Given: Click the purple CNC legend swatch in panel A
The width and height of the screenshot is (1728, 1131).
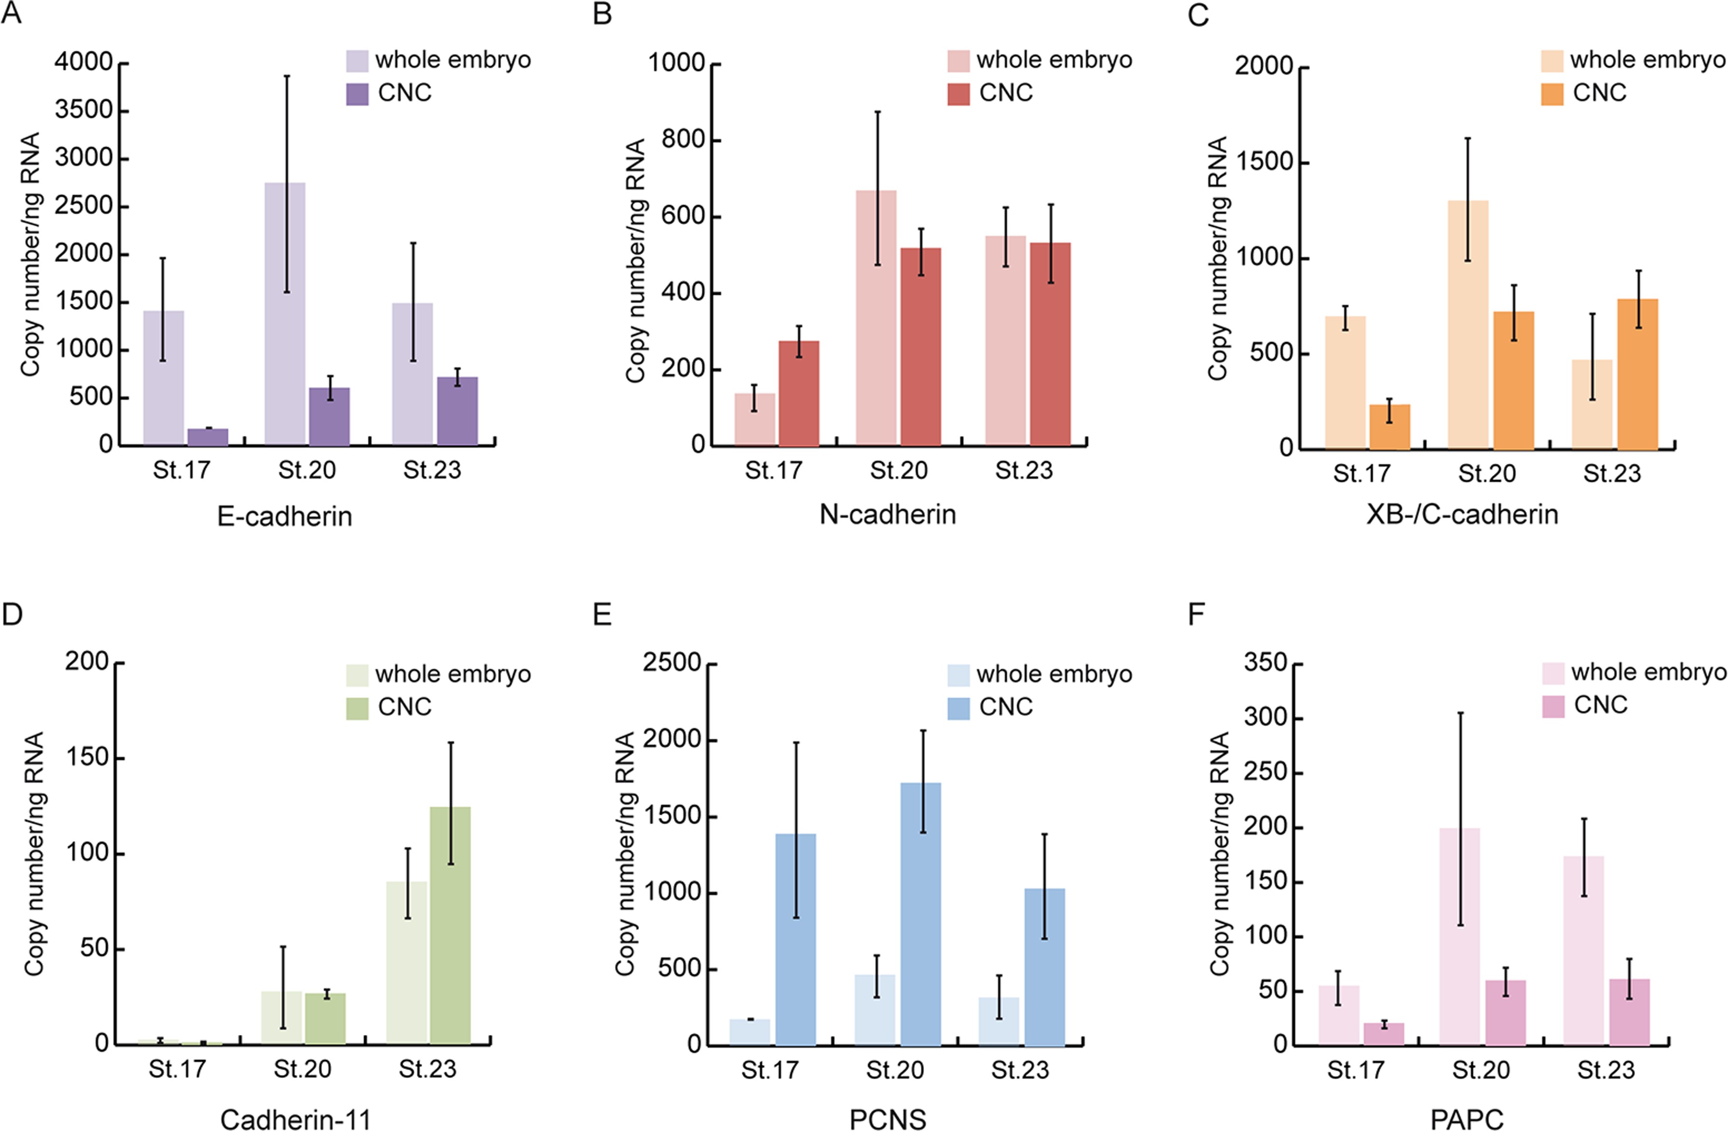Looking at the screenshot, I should (357, 94).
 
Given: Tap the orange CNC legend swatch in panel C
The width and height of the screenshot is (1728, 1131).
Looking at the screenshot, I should (1552, 94).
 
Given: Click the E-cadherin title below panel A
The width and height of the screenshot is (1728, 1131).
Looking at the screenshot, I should (285, 516).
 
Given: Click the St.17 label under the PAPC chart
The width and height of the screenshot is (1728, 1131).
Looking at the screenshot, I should (1356, 1070).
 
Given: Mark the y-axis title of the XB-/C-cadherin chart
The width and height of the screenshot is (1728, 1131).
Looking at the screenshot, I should (1218, 258).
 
